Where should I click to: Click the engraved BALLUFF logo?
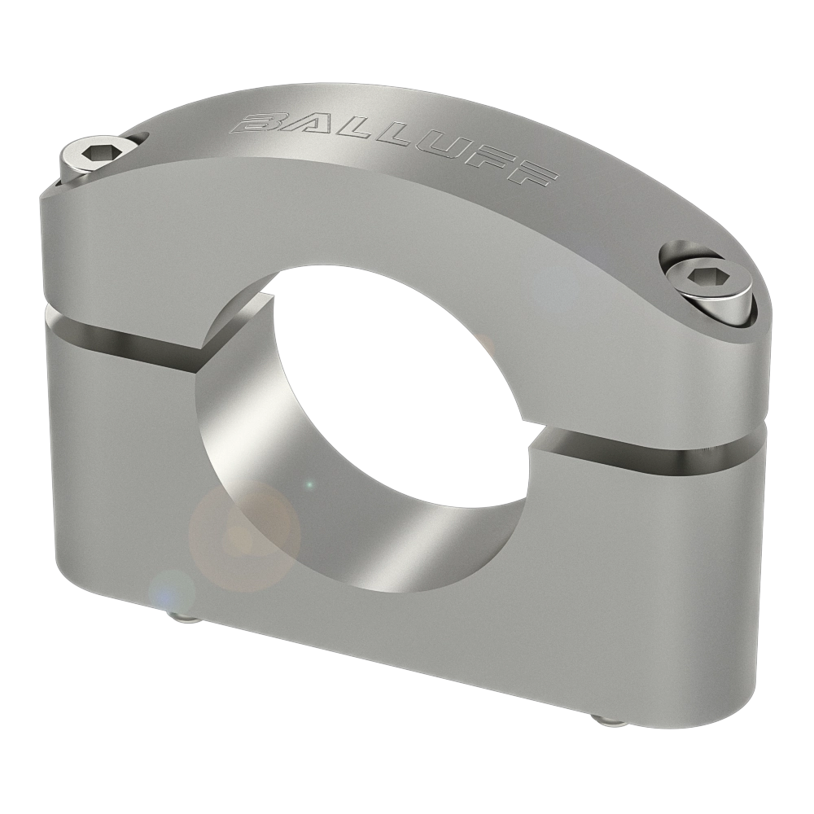click(395, 147)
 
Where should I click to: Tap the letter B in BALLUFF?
click(256, 123)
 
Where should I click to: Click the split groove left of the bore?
click(122, 340)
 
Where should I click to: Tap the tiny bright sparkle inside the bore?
click(309, 486)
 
